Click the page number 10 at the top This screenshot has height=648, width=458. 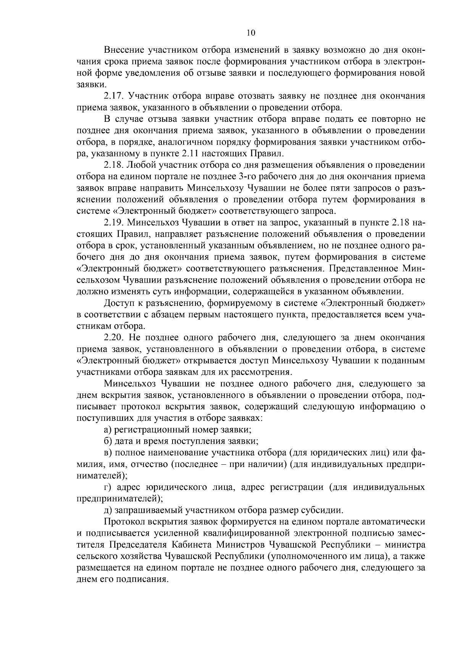251,33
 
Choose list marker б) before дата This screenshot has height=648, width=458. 108,441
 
